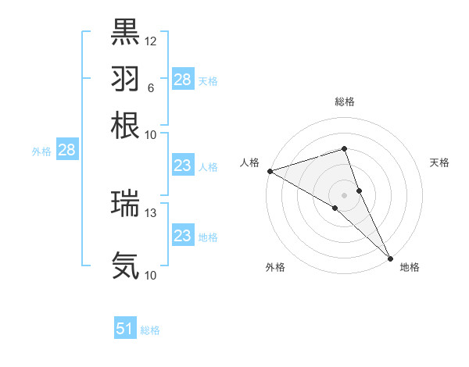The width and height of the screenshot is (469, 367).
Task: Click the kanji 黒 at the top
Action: [126, 32]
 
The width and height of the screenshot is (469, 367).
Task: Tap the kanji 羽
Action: [126, 78]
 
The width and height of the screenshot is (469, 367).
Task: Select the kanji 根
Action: [126, 124]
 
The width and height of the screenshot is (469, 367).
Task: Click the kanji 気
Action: [126, 265]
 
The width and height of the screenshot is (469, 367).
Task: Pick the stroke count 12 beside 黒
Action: [151, 41]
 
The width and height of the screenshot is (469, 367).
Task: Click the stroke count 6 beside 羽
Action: [150, 87]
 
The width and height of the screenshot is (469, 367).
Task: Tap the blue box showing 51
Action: [125, 329]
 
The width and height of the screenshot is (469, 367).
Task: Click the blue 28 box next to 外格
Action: [66, 151]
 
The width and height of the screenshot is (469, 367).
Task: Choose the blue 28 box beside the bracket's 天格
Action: [182, 80]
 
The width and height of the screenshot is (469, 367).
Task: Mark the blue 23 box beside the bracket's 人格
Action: [182, 166]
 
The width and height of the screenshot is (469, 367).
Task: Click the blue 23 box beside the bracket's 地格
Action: [182, 236]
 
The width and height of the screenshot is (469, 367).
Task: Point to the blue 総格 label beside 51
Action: [150, 330]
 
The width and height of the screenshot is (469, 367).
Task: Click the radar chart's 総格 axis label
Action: [344, 102]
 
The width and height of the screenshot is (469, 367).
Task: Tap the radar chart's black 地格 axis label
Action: [410, 267]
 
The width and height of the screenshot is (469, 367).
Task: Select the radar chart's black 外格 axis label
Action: [275, 267]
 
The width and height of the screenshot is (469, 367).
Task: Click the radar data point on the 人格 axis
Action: [269, 170]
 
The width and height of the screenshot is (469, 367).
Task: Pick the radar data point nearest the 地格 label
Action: [390, 257]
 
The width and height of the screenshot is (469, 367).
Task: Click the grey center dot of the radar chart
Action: [344, 194]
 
